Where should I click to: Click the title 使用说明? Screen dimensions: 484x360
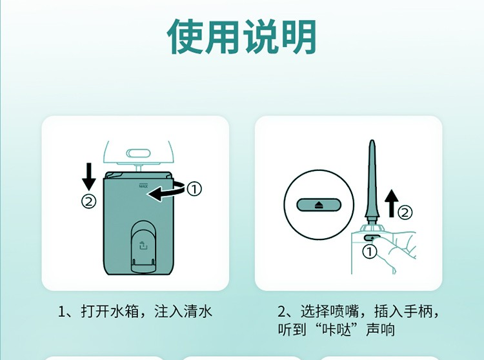(242, 37)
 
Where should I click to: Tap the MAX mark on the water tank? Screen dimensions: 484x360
(143, 186)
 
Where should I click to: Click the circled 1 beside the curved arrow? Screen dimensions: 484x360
(194, 189)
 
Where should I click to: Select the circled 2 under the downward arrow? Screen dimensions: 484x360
(88, 201)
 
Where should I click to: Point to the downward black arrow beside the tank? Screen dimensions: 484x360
(89, 177)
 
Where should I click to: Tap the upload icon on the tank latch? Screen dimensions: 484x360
(143, 245)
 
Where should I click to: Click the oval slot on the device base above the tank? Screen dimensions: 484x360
(139, 153)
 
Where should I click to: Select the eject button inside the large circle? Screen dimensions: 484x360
(319, 205)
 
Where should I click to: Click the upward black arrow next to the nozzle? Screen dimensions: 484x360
(392, 203)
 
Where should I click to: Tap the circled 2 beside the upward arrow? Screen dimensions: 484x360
(405, 212)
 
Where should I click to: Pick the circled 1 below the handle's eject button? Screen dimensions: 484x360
(370, 252)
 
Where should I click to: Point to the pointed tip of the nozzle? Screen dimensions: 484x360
(372, 141)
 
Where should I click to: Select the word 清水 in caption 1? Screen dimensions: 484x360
(198, 311)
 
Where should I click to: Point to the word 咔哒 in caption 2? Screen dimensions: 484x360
(337, 330)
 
